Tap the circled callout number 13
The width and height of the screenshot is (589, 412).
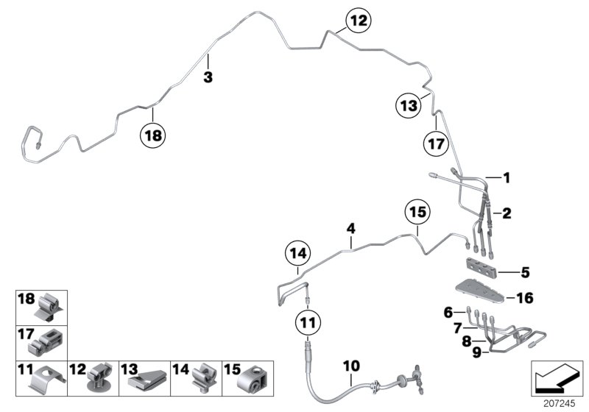click(x=409, y=106)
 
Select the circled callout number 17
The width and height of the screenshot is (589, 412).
click(x=435, y=145)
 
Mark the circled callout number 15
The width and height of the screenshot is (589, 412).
click(x=417, y=213)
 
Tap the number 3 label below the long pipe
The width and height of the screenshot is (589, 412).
click(x=208, y=77)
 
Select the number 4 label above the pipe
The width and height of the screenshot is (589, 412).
click(x=351, y=229)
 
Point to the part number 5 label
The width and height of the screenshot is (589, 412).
click(x=525, y=273)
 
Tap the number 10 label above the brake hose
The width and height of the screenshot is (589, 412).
click(x=350, y=366)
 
